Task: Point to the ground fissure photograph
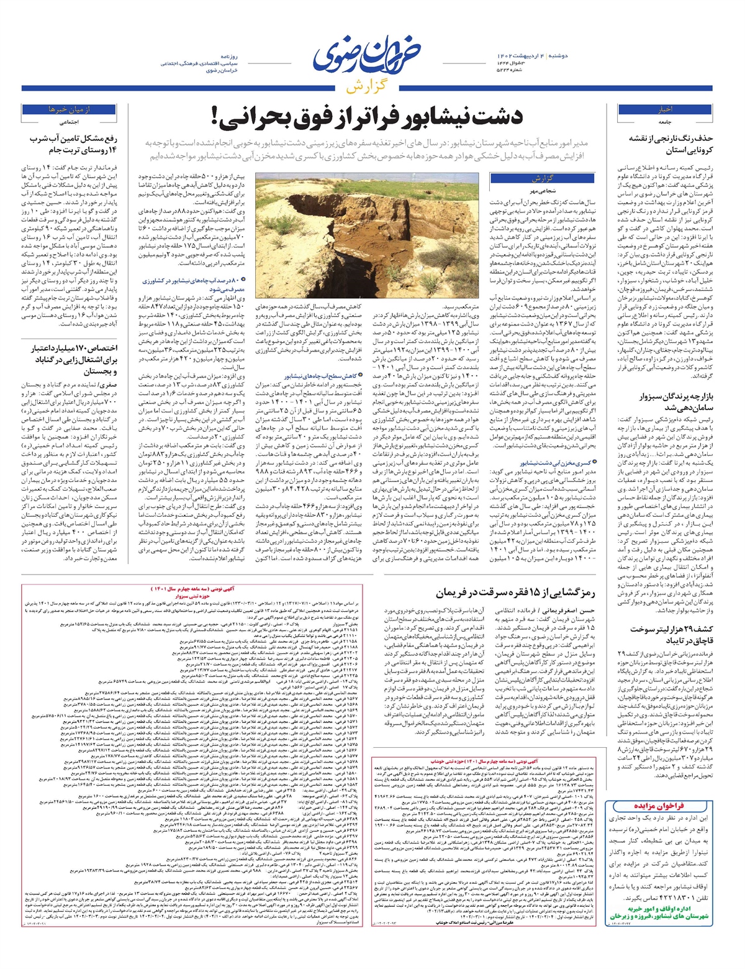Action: click(x=368, y=235)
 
